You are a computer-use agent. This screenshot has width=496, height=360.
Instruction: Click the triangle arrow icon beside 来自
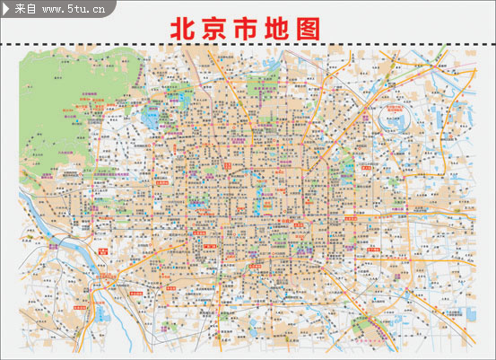[x=7, y=9]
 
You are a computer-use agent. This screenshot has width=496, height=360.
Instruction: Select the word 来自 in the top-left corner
[x=25, y=9]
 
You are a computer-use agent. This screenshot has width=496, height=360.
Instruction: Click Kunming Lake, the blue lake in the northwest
[x=148, y=118]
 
